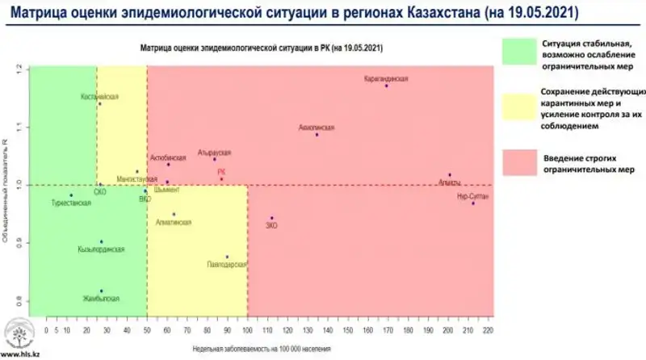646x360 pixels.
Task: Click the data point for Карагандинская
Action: coord(387,86)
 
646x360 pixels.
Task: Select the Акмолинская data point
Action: coord(317,135)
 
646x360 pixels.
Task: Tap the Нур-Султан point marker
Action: coord(473,203)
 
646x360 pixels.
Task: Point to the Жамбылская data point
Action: coord(101,291)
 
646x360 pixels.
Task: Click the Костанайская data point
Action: coord(99,104)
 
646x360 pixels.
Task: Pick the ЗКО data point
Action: coord(272,218)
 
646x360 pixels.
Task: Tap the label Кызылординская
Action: coord(102,250)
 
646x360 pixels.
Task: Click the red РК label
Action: coord(221,172)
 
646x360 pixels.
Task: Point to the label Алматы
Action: coord(449,183)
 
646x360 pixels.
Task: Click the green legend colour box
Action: coord(526,51)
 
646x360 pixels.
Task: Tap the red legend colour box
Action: coord(526,160)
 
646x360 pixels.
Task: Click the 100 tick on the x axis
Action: coord(247,331)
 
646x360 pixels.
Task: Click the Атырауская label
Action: coord(214,153)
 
